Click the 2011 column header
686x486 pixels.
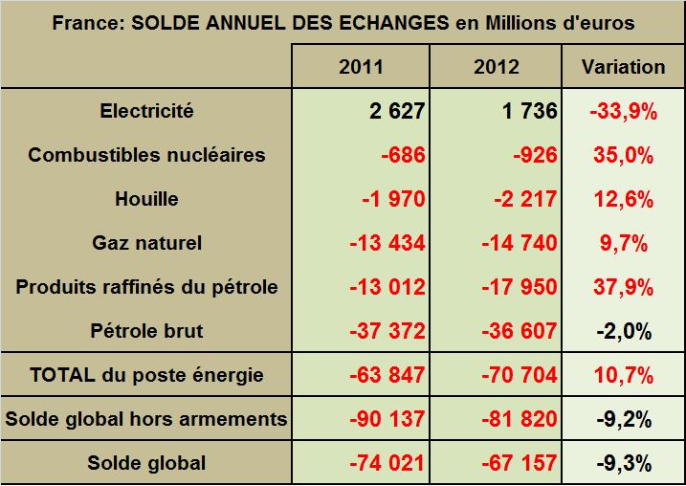coord(361,67)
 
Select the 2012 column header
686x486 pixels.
coord(498,67)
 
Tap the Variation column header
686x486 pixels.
coord(624,67)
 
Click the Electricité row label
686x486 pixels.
coord(146,111)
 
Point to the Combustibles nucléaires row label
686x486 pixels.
coord(146,155)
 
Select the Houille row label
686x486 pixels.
coord(146,199)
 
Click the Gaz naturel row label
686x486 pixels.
coord(146,243)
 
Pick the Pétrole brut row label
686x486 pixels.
coord(146,331)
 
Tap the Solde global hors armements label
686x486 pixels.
coord(146,419)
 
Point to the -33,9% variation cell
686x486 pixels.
coord(624,111)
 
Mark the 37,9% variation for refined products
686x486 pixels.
coord(624,287)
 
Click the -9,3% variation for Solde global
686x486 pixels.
coord(624,463)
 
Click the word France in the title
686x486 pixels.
coord(83,22)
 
